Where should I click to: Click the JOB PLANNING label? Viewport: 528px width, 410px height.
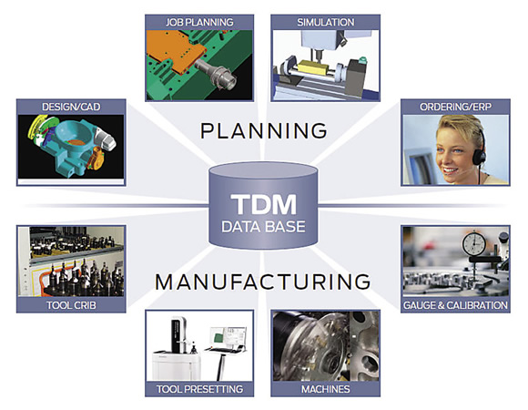199,22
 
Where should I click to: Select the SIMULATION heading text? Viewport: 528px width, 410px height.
326,22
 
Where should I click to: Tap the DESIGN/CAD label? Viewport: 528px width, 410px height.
71,107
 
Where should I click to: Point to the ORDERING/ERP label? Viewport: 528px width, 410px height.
455,107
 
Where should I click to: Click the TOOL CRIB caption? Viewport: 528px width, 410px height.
71,305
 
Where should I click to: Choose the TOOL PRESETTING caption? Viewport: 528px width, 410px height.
199,389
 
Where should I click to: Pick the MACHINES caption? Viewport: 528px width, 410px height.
326,389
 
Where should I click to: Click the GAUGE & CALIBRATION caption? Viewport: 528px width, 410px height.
455,305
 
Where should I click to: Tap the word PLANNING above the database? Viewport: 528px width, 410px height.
264,130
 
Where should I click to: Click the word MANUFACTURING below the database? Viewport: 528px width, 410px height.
263,282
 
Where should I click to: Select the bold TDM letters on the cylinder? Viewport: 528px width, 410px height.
264,204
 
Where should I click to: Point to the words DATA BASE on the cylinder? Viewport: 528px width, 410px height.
264,227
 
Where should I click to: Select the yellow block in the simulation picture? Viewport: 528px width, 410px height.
314,68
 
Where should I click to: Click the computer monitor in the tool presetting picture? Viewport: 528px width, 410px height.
228,338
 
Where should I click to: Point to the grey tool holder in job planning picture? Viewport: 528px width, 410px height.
218,75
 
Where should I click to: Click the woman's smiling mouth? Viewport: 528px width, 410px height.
450,170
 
